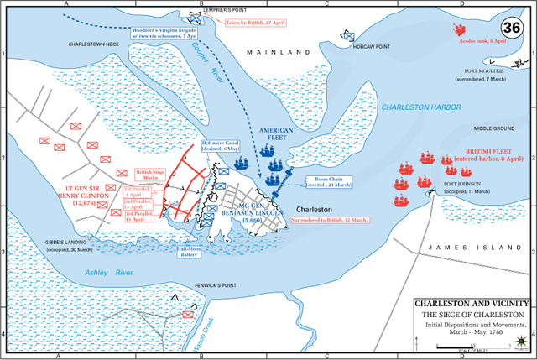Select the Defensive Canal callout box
(221, 146)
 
